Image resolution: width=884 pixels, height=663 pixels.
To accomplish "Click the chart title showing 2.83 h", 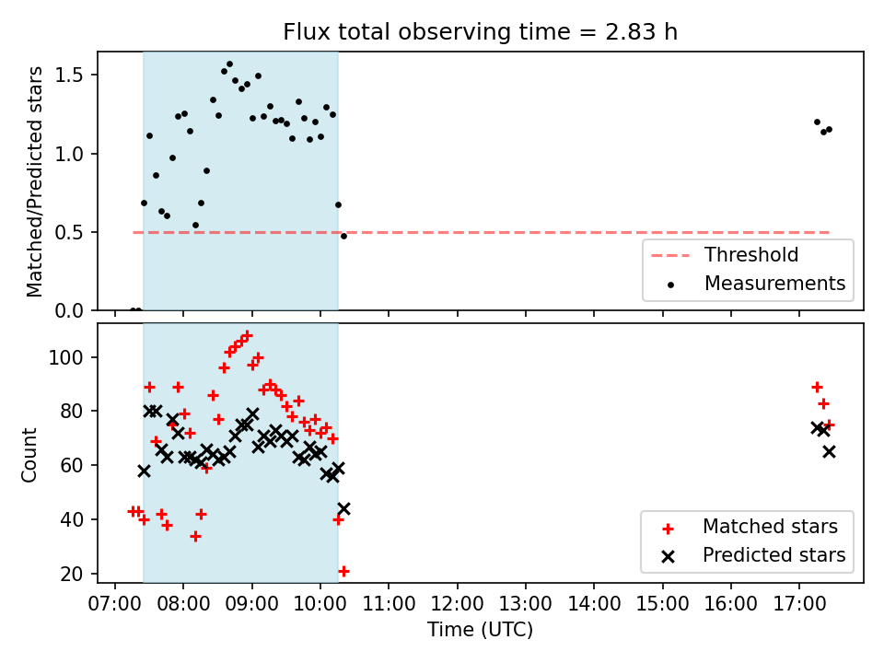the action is tap(480, 32).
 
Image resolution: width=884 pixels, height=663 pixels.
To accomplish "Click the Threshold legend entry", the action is tap(725, 255).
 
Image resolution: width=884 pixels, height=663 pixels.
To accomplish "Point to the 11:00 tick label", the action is tap(389, 604).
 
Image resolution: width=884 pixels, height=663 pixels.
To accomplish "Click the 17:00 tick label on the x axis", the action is tap(799, 604).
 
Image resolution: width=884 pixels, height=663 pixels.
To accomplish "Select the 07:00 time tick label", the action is tap(115, 604).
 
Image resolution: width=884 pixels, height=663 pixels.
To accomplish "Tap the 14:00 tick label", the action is tap(594, 604).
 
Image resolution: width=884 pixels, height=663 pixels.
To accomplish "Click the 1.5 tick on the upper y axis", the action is tap(69, 76).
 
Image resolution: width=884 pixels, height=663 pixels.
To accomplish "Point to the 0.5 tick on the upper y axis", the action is tap(69, 233).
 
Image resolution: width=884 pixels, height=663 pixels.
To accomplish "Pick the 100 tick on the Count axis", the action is tap(66, 357).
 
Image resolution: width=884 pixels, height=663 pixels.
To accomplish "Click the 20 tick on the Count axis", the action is tap(72, 574).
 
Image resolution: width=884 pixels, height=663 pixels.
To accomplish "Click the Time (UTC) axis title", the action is tap(480, 630).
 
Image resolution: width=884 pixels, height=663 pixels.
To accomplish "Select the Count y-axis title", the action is tap(29, 455).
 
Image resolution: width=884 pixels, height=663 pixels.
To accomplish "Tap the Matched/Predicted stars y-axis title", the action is tap(34, 181).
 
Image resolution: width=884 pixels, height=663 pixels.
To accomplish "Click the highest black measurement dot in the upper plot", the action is tap(229, 64).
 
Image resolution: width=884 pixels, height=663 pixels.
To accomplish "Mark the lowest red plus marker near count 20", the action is tap(343, 572).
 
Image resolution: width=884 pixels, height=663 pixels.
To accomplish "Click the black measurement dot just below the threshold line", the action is tap(343, 237).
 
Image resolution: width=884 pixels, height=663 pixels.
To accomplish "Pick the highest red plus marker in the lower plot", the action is tap(247, 335).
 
